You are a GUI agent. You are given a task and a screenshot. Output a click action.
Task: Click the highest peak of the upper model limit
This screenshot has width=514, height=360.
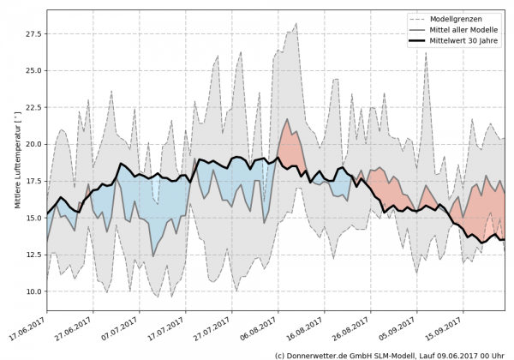tap(296, 24)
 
